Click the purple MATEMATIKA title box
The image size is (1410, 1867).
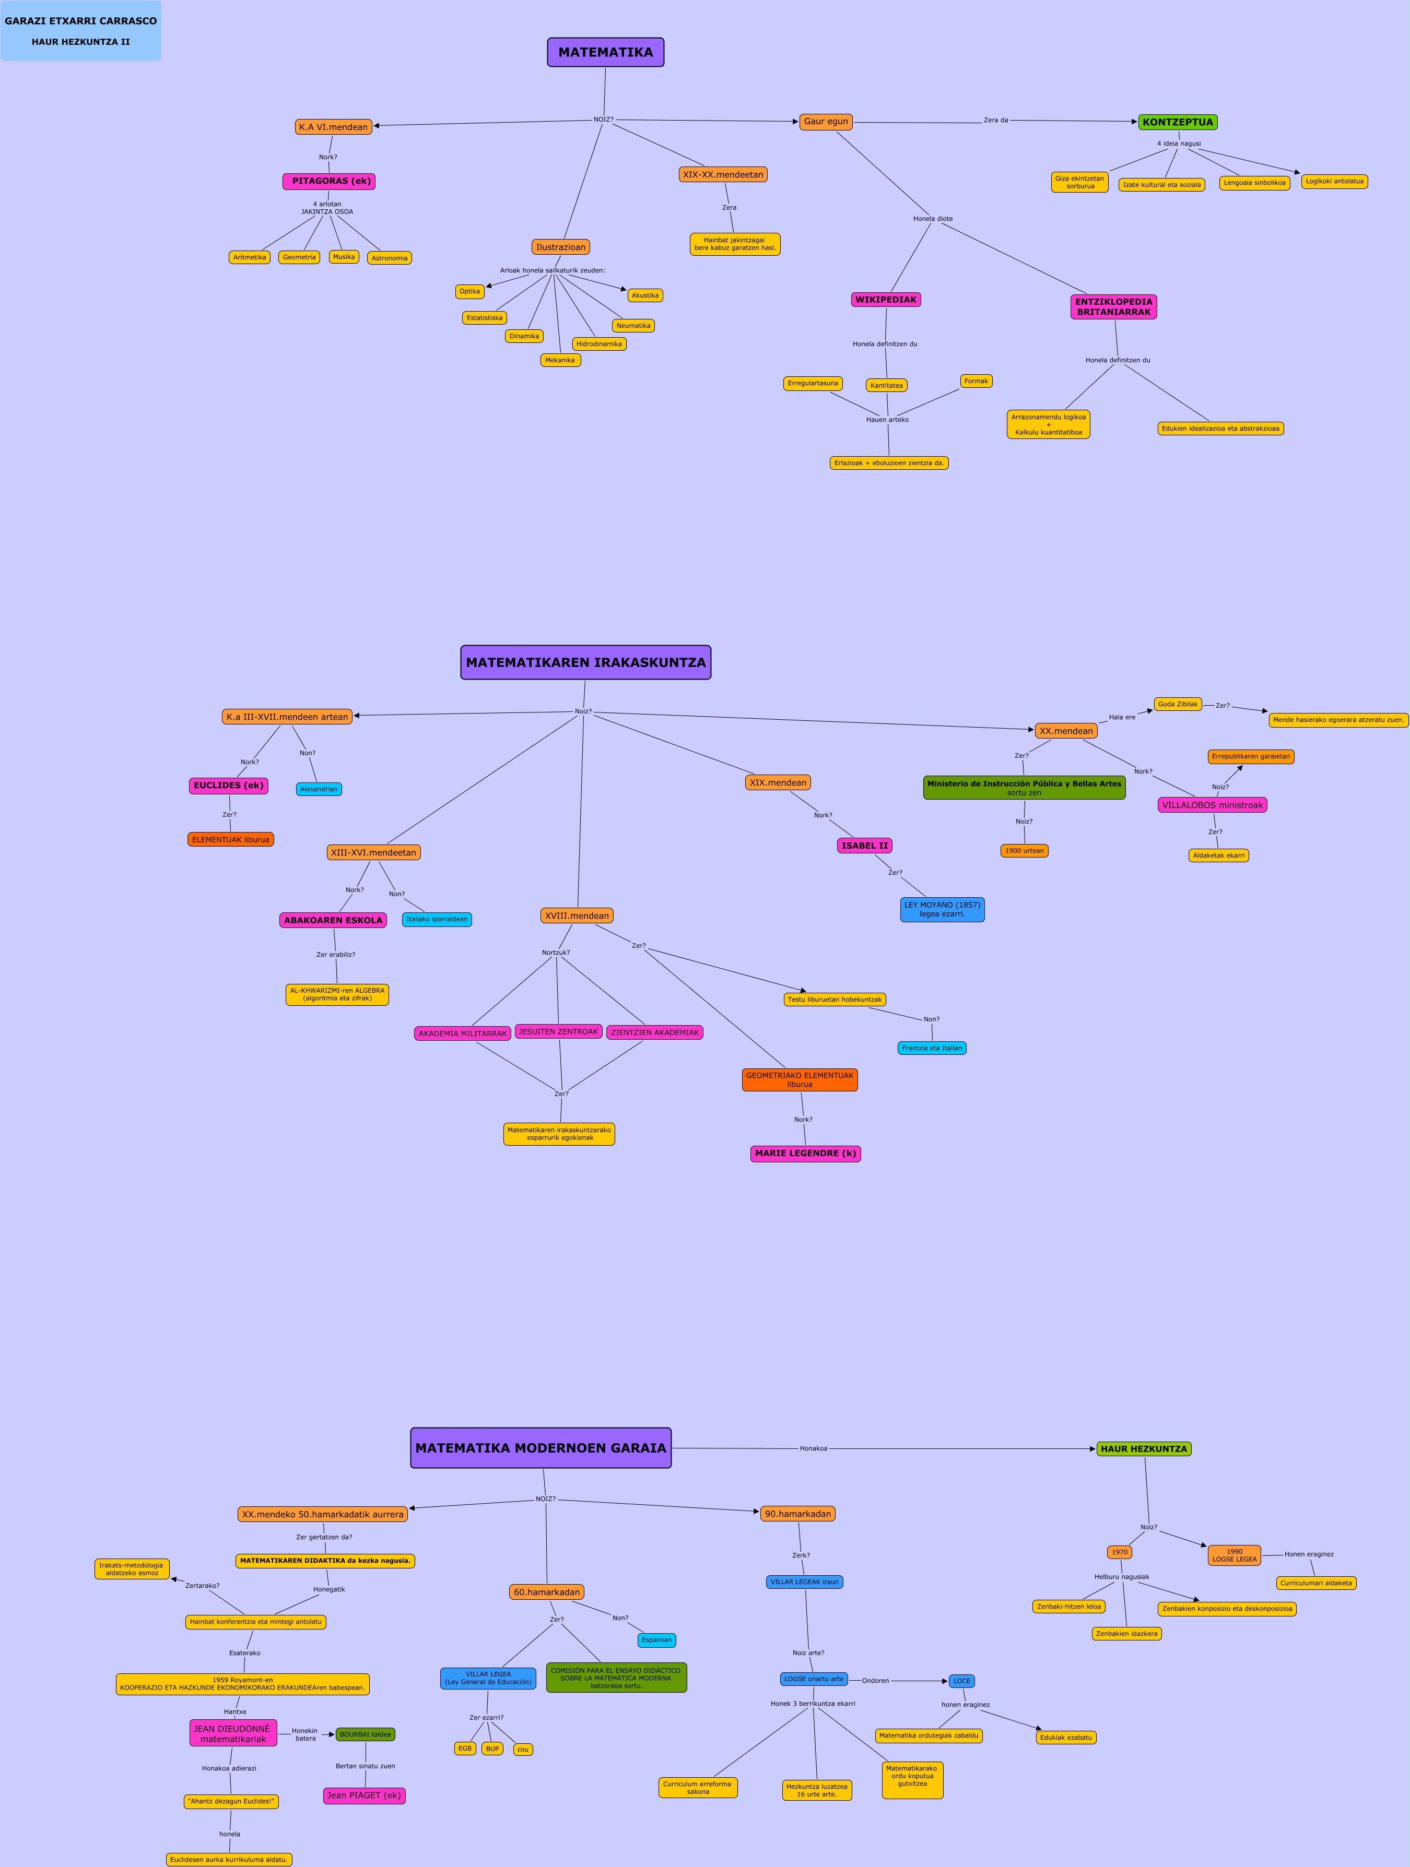point(605,52)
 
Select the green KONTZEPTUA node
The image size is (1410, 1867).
point(1177,122)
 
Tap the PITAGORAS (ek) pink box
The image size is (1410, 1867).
point(330,182)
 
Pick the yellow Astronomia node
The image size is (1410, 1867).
point(389,258)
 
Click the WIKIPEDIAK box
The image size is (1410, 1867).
point(886,300)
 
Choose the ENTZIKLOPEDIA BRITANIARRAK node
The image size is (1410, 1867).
point(1114,307)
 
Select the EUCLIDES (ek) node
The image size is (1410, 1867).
point(229,786)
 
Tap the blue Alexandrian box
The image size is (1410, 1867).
point(319,789)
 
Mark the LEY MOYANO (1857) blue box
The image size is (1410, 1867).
point(942,910)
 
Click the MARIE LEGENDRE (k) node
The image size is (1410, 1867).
point(805,1154)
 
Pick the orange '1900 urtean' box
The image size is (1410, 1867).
point(1024,851)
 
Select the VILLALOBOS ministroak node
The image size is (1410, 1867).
point(1213,805)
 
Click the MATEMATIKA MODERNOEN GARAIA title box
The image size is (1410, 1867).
point(540,1448)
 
